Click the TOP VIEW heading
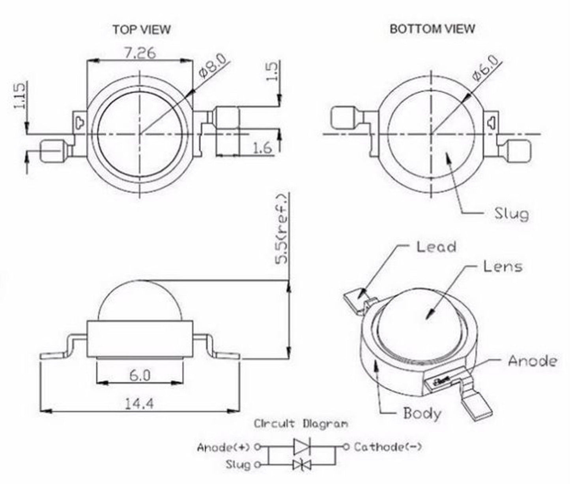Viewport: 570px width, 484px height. point(142,30)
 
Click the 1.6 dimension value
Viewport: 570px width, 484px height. point(262,148)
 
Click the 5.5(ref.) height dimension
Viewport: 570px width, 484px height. point(282,229)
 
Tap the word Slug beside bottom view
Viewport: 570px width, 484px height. point(511,214)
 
